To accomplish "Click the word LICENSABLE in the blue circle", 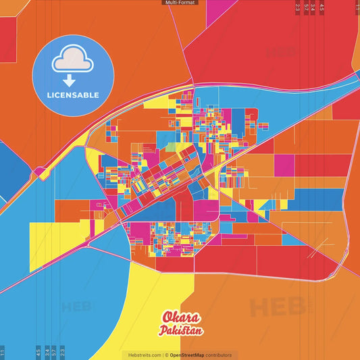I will click(73, 95).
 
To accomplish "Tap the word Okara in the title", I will click(177, 319).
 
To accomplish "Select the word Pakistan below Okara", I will click(182, 331).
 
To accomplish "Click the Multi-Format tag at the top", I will click(180, 3).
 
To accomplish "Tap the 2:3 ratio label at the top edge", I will click(297, 8).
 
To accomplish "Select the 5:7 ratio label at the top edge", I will click(306, 8).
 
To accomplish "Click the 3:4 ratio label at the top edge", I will click(313, 8).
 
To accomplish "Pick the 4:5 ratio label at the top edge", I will click(322, 8).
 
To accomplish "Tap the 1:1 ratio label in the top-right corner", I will click(356, 8).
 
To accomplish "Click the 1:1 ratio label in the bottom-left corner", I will click(3, 352).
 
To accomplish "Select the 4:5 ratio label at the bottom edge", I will click(38, 352).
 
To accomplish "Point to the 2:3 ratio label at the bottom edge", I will click(62, 352).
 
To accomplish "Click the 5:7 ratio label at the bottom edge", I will click(53, 352).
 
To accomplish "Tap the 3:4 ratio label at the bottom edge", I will click(47, 352).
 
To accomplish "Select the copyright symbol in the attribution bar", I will click(166, 355).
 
